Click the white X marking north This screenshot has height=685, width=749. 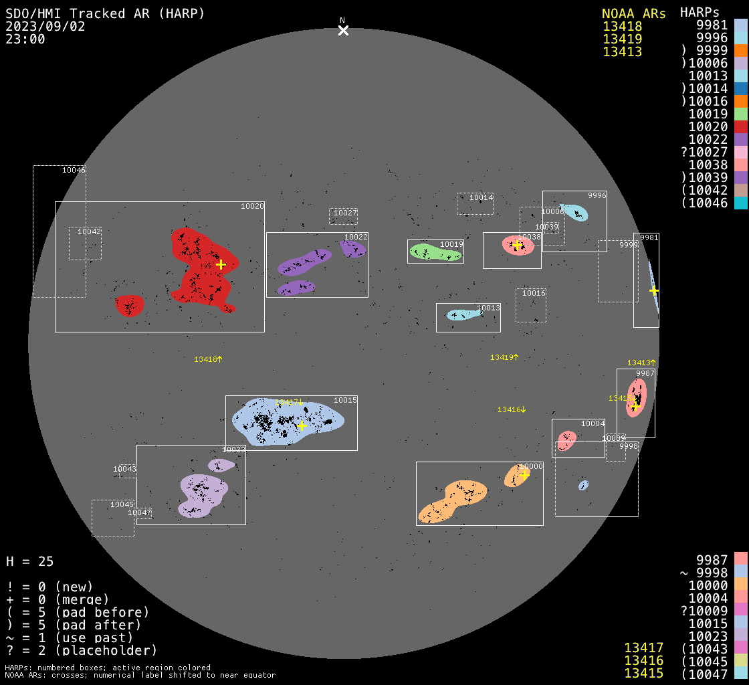point(343,31)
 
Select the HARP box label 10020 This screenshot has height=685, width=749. point(252,207)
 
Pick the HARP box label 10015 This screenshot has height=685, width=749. point(345,400)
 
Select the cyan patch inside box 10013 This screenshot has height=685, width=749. point(461,314)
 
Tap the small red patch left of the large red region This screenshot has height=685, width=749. point(129,305)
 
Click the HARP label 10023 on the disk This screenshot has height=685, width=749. point(234,450)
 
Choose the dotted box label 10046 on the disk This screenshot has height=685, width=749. point(74,170)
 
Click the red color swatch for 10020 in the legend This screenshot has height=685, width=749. point(740,126)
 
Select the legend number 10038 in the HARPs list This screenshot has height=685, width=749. point(708,165)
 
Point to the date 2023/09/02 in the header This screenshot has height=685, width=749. point(45,26)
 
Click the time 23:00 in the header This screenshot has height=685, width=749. point(25,39)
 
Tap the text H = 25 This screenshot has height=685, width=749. point(30,561)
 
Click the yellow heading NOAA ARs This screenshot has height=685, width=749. point(633,13)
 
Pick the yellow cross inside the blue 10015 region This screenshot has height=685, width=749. point(302,425)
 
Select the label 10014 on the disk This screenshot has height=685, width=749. point(481,197)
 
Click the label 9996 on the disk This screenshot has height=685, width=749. point(597,195)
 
